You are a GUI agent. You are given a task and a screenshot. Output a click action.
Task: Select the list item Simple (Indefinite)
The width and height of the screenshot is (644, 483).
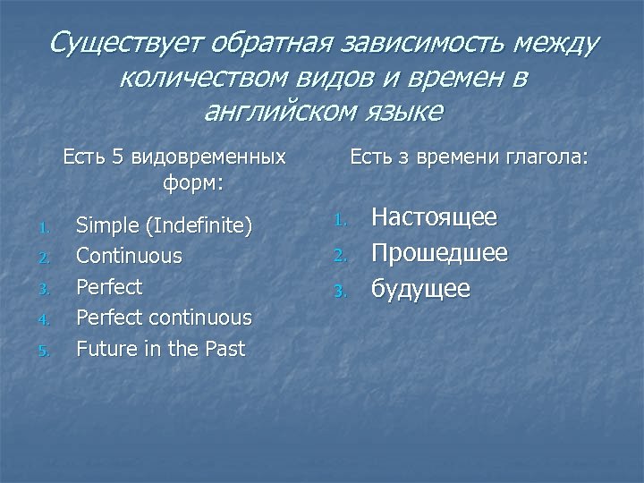point(164,225)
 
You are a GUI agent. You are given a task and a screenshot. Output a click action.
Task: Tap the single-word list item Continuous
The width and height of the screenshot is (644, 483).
point(129,256)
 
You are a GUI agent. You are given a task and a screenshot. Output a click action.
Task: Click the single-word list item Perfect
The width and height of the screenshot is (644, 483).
point(109,287)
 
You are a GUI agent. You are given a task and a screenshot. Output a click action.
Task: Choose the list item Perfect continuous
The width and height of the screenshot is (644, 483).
point(164,318)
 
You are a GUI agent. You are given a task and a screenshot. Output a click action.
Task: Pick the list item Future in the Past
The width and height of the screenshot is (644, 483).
point(160,349)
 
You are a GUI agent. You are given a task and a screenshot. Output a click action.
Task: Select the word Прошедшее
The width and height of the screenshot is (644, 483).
point(439,253)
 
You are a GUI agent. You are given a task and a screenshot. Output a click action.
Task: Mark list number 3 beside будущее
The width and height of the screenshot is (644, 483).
point(339,292)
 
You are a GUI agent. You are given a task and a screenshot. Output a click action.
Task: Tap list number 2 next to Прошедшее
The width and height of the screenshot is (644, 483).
point(339,256)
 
